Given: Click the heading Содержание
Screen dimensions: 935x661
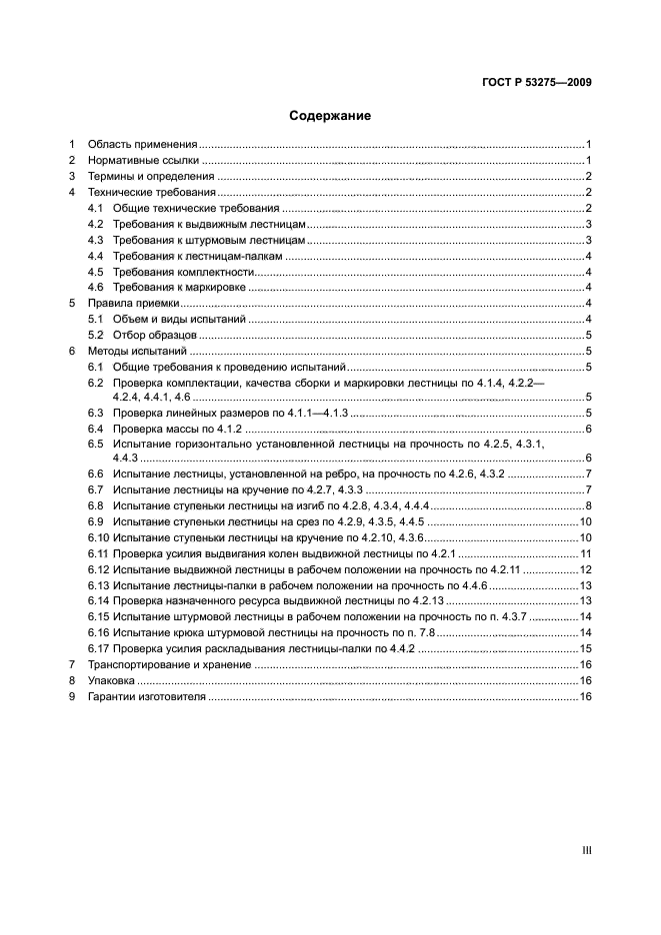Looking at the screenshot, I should point(330,116).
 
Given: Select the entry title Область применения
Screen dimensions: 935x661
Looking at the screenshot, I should point(142,144).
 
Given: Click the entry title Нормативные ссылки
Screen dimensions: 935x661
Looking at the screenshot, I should point(143,160).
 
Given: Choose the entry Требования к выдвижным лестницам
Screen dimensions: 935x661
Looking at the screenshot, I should point(216,224).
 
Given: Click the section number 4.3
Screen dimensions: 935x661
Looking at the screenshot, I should point(96,240).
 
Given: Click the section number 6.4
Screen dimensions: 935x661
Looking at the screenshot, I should point(96,429).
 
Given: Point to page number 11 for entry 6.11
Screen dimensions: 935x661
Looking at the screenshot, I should point(587,553).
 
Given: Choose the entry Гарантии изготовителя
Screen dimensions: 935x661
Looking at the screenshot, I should point(146,696).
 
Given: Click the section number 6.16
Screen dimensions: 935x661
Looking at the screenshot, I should point(98,632).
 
